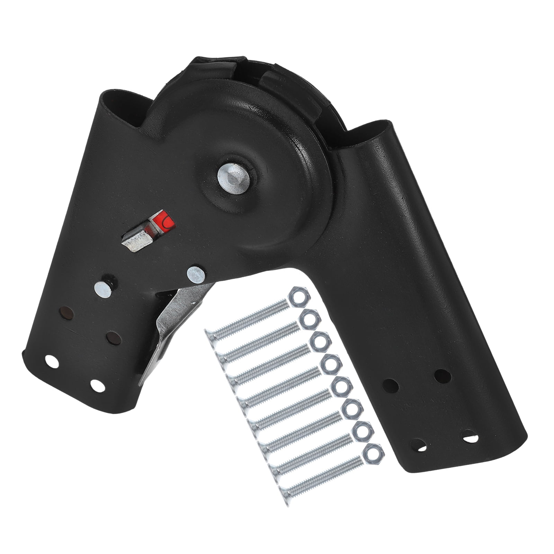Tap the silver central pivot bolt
[x=234, y=175]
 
